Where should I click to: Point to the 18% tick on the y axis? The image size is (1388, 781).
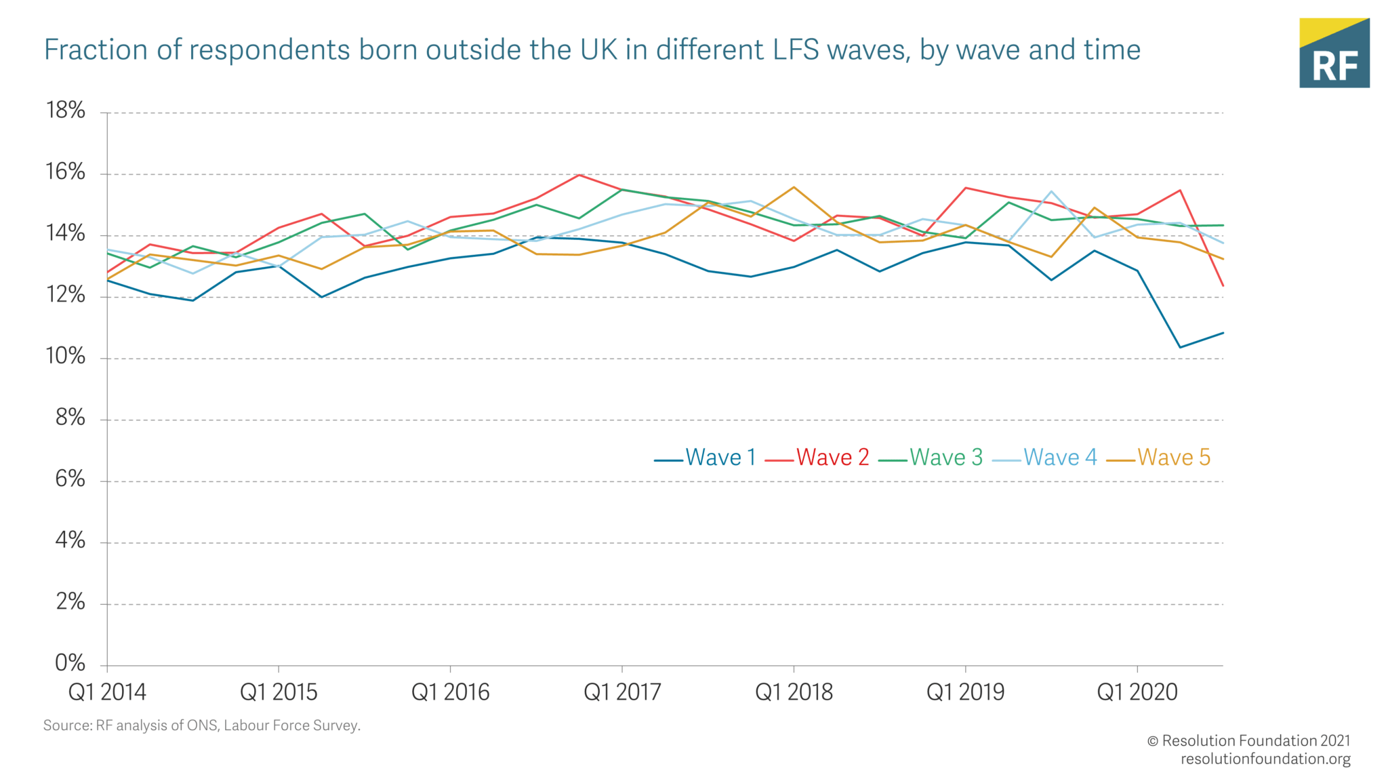65,111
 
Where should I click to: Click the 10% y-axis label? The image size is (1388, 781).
65,357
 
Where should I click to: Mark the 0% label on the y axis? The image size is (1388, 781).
70,663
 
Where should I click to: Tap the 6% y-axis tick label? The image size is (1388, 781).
70,479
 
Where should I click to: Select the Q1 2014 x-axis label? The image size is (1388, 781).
107,692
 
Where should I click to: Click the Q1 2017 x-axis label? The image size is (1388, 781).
621,692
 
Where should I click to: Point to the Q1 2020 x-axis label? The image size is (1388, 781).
1137,692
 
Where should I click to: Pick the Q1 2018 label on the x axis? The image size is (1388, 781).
794,692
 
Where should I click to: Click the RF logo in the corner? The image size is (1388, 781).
1334,53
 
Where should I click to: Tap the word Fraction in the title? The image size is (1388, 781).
96,50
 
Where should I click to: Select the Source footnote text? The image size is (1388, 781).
201,725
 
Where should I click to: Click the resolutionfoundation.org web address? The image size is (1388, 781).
1265,759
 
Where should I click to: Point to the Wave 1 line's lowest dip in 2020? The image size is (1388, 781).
1180,348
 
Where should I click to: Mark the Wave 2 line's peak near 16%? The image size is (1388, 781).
579,175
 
